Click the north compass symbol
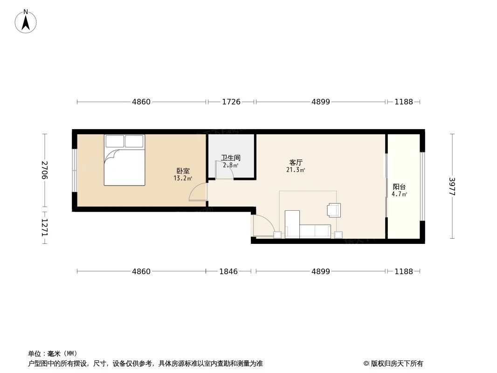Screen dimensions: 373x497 [26, 21]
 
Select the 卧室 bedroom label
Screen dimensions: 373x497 [183, 171]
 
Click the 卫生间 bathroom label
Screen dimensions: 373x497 [231, 158]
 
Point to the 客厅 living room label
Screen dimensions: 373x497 [296, 162]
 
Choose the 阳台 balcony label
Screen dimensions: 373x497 [399, 186]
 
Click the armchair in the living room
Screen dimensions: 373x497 [334, 210]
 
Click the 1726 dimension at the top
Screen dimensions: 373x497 [231, 102]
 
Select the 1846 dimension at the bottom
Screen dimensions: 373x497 [228, 271]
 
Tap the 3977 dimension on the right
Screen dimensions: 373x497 [452, 186]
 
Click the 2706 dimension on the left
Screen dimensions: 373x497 [45, 170]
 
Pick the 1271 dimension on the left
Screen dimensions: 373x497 [45, 227]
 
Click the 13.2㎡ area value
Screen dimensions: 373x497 [183, 178]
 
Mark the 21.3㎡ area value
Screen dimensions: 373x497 [296, 170]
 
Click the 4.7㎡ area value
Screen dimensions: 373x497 [399, 194]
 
